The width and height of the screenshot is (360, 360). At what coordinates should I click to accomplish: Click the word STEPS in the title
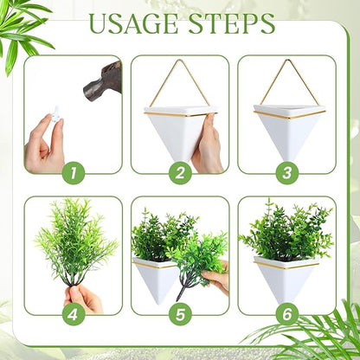(x=229, y=25)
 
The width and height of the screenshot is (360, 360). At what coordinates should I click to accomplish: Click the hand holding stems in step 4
(x=85, y=298)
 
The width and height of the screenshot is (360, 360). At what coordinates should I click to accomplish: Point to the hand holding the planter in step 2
(x=209, y=143)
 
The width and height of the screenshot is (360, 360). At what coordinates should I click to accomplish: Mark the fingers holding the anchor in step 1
(x=43, y=138)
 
